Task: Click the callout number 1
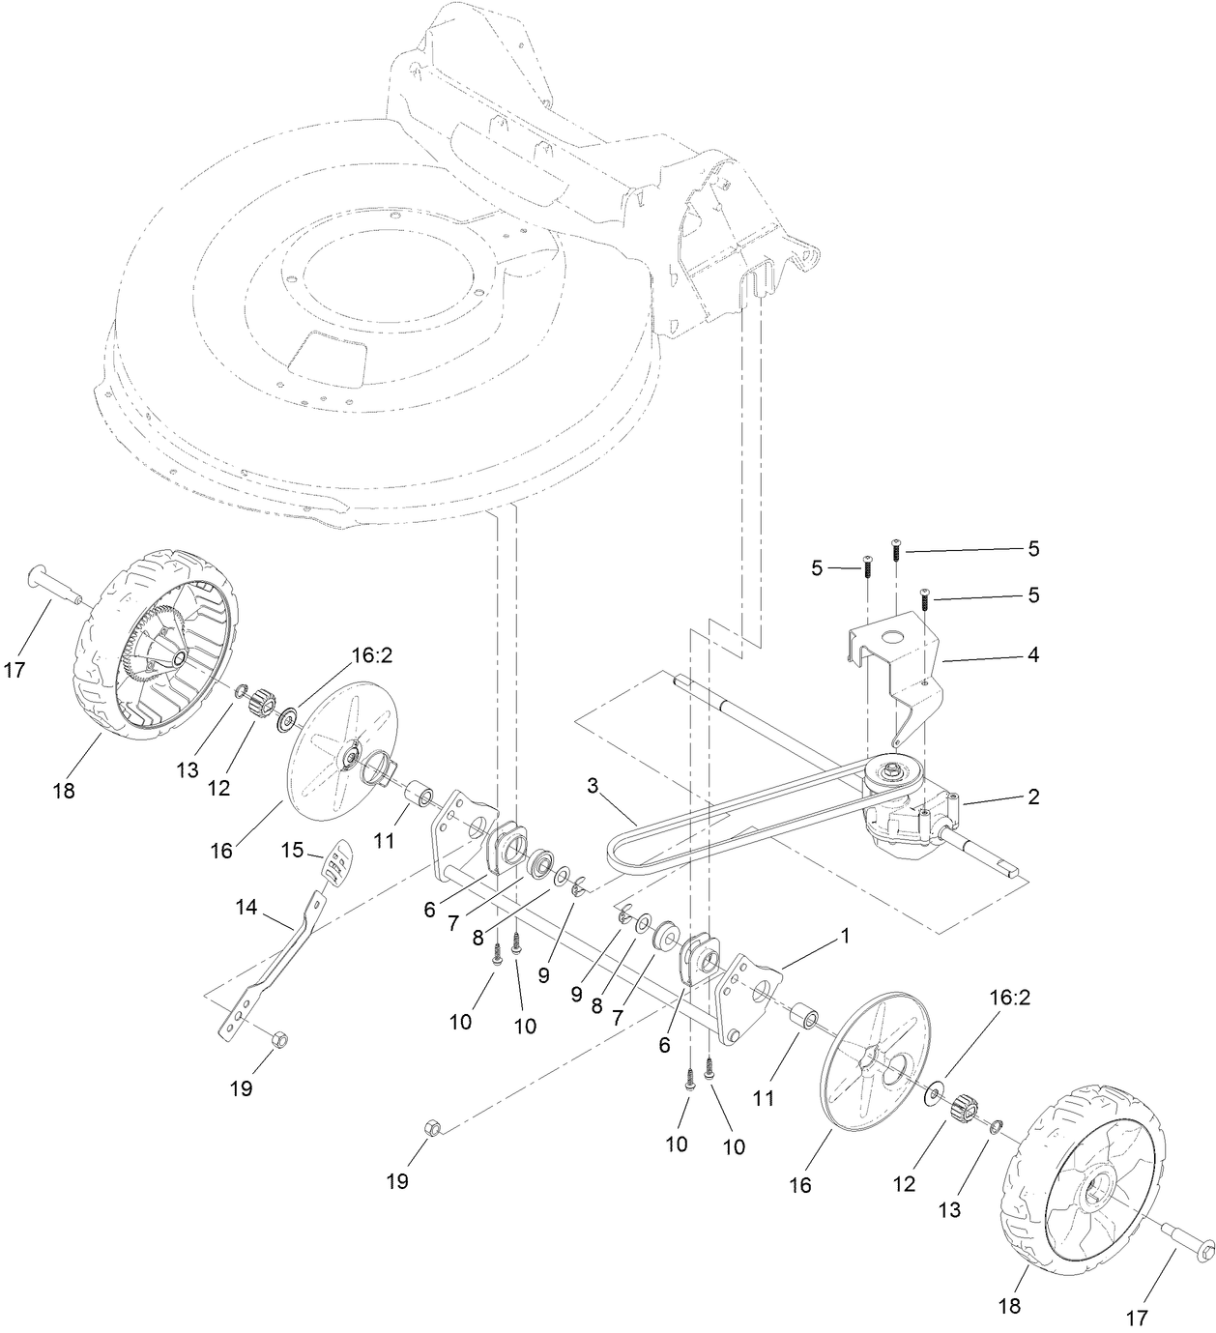844,936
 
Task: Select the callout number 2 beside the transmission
1032,797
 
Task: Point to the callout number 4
1032,654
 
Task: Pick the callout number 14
247,908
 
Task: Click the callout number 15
293,850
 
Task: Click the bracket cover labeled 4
894,657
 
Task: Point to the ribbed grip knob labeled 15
335,862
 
